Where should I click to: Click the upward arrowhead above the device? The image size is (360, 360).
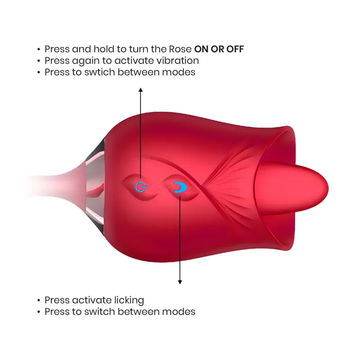(x=141, y=90)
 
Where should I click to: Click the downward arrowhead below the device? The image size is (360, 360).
(x=180, y=282)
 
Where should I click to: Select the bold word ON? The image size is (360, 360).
(x=202, y=49)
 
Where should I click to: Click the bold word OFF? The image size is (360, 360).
(x=235, y=49)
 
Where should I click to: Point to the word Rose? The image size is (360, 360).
(x=180, y=49)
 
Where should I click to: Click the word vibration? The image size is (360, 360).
(x=178, y=61)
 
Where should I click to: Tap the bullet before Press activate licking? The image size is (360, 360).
(x=39, y=300)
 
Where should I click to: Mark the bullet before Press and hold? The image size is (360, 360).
(x=39, y=49)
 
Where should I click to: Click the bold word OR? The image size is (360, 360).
(x=218, y=49)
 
